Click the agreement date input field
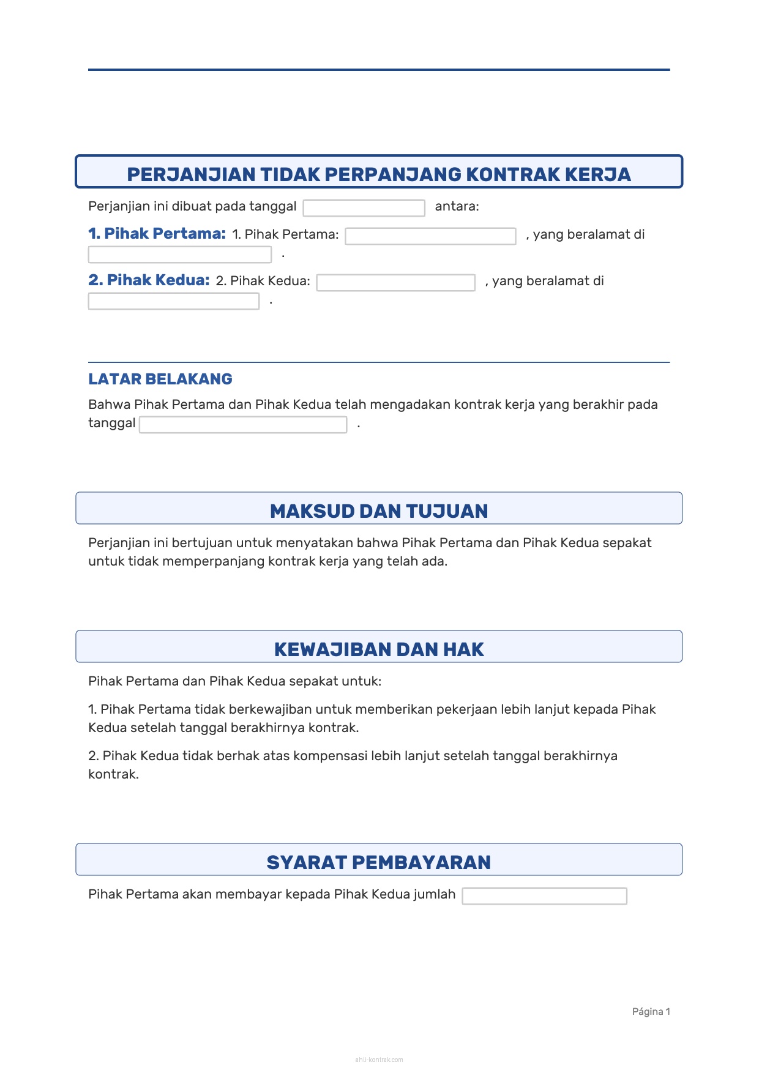coord(364,208)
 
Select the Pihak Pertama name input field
coord(430,236)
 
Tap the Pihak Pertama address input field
coord(179,255)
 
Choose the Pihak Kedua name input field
coord(395,283)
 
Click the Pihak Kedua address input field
coord(173,301)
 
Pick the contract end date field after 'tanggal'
coord(243,425)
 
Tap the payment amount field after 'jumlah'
coord(544,896)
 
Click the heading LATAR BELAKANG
coord(160,379)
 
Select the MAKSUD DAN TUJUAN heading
coord(379,511)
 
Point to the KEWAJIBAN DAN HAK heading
coord(379,649)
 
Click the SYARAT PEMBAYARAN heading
coord(379,862)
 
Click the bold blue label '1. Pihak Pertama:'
coord(157,234)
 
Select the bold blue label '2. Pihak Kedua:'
coord(149,280)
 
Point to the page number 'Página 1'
coord(651,1012)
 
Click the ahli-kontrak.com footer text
coord(379,1060)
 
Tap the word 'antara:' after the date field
coord(457,207)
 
